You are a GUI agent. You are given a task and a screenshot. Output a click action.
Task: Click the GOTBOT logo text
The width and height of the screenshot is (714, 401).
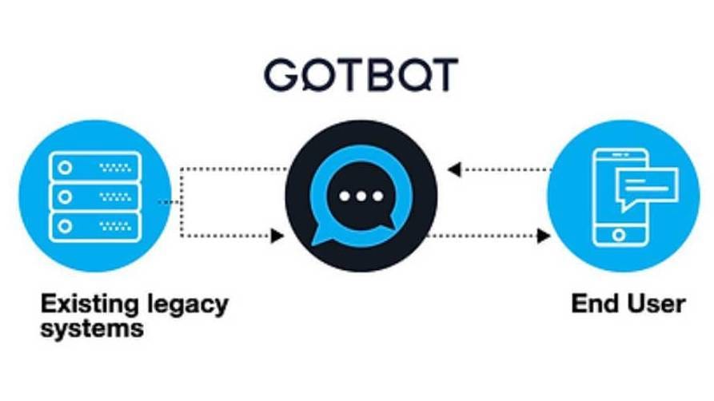point(361,74)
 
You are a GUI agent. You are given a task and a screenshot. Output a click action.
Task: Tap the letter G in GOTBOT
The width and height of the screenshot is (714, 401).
point(280,74)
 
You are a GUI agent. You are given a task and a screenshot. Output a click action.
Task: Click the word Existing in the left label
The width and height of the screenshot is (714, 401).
point(90,304)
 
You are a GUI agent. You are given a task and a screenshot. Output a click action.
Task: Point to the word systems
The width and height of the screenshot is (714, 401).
point(92,328)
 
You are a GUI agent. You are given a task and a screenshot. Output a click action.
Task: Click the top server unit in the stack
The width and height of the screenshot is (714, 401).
point(95,168)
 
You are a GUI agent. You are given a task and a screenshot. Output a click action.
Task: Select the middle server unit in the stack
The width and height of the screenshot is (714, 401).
point(95,197)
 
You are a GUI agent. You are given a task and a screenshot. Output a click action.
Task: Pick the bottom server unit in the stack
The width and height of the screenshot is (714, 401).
point(95,226)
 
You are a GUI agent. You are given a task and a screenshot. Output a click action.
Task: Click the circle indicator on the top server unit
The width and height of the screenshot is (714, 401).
point(65,168)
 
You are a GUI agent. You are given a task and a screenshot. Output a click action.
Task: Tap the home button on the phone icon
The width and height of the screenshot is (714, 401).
point(619,235)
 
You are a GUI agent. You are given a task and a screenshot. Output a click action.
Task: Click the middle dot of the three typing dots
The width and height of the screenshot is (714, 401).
point(361,197)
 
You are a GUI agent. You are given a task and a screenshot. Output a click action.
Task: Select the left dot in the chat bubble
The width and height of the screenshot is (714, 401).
point(345,197)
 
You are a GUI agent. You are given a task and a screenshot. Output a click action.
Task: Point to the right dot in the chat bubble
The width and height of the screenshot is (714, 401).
point(378,197)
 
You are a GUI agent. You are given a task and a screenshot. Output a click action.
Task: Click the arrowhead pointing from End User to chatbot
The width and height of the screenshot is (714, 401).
point(453,170)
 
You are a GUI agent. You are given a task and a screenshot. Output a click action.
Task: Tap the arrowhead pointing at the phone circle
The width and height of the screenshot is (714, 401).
point(544,236)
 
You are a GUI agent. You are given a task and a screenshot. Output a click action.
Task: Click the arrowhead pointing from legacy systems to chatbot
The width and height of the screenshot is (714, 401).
point(277,236)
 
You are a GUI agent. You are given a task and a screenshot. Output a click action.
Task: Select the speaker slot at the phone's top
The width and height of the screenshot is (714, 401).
point(620,155)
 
